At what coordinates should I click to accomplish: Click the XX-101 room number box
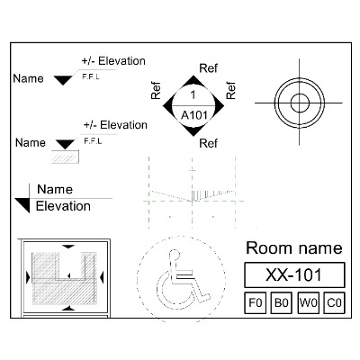(294, 274)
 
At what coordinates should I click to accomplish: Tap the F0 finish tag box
(255, 302)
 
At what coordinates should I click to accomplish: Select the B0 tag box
(282, 302)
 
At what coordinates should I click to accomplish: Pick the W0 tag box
(308, 302)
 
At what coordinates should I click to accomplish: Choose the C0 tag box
(334, 302)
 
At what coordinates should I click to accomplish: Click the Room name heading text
(294, 248)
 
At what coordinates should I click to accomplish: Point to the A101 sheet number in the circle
(194, 115)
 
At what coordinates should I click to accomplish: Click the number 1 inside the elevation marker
(193, 94)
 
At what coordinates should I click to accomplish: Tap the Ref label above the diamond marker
(208, 68)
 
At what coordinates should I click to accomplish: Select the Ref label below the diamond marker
(208, 143)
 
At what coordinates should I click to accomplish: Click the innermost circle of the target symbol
(300, 103)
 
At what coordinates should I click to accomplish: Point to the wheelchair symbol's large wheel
(173, 290)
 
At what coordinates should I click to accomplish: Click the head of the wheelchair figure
(175, 255)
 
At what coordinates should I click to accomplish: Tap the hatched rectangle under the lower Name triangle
(65, 157)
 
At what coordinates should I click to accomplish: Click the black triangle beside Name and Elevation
(22, 205)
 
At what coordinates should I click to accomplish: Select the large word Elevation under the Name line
(63, 206)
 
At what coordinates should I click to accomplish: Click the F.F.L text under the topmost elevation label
(91, 76)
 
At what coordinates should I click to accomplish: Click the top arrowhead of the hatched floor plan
(68, 247)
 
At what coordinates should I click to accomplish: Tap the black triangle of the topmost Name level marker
(63, 80)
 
